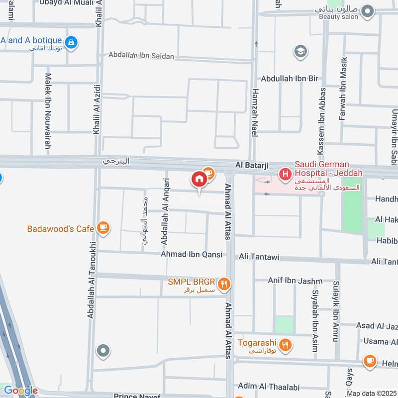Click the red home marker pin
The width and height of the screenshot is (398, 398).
[x=199, y=179]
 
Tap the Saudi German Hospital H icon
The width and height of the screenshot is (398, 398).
[x=285, y=174]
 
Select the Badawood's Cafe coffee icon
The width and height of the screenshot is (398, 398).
[x=103, y=228]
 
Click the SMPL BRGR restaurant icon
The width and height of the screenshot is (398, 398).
[x=224, y=284]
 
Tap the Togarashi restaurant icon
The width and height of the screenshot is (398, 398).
[x=285, y=345]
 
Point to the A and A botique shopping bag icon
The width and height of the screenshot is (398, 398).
[x=72, y=42]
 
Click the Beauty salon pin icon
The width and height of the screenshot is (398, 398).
[x=368, y=11]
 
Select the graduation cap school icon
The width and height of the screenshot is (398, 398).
[x=300, y=51]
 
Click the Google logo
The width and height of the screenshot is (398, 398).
[x=20, y=391]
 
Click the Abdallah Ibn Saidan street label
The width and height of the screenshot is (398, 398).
[x=141, y=56]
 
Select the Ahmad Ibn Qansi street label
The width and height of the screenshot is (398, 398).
[x=191, y=254]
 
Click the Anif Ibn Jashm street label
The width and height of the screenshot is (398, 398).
[x=295, y=281]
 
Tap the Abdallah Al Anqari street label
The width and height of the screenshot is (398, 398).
[x=165, y=211]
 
